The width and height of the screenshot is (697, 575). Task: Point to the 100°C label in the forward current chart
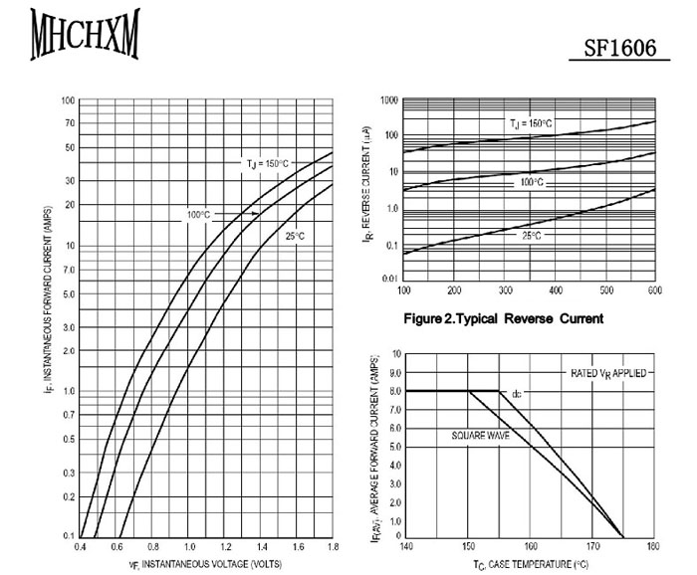197,214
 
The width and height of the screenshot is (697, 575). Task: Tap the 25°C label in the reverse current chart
531,236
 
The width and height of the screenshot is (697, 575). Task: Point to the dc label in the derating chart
516,395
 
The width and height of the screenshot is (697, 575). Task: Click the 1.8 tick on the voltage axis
333,548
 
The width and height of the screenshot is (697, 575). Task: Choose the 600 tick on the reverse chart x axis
654,290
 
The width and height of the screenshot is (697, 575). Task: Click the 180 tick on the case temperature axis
653,545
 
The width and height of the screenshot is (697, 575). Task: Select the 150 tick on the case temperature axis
468,545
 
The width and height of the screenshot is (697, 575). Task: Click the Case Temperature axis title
530,564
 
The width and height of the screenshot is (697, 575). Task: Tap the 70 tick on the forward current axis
69,123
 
